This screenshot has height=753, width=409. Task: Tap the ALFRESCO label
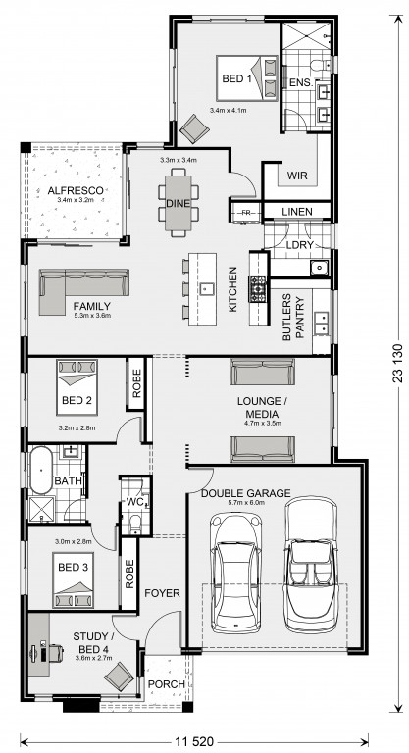76,190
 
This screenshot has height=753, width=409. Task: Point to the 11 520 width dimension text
194,741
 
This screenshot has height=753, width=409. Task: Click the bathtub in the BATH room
41,471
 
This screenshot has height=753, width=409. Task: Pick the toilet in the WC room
135,524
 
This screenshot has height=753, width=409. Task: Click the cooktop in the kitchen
257,289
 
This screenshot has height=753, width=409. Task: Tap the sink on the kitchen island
207,288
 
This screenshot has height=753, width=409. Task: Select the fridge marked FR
246,213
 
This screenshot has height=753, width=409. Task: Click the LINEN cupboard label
297,212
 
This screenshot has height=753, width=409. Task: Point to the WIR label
297,176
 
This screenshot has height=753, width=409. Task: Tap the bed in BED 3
73,580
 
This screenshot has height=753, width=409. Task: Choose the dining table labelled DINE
178,203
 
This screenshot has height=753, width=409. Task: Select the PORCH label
167,683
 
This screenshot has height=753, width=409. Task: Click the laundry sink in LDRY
319,267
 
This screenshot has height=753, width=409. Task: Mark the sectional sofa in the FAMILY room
83,291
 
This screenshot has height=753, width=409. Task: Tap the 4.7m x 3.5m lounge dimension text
263,424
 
